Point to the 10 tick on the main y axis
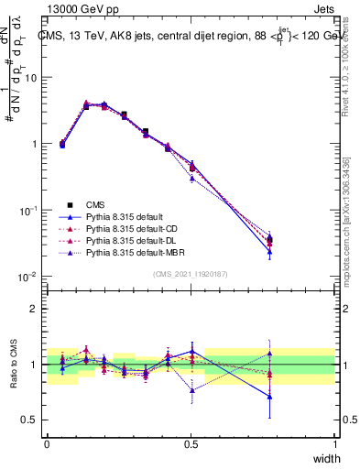[31, 78]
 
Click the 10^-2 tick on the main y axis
[29, 277]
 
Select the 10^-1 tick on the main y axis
[29, 211]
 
